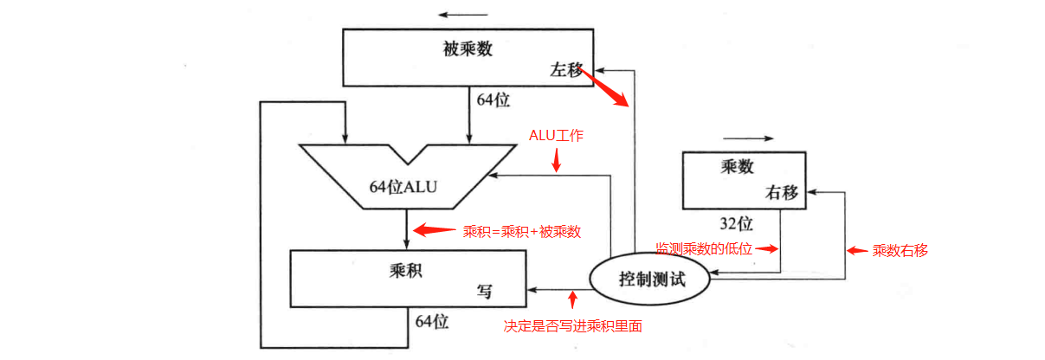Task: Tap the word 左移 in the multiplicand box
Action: [567, 71]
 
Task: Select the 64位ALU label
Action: [404, 187]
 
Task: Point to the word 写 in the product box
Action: [485, 291]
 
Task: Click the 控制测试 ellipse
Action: [651, 280]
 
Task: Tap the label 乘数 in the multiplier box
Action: [739, 167]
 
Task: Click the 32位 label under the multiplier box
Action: [736, 224]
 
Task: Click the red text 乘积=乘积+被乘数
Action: [522, 231]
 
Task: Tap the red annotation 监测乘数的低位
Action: [703, 249]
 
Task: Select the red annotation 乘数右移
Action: [900, 251]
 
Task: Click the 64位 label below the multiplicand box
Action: [493, 100]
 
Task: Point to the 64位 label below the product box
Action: [432, 322]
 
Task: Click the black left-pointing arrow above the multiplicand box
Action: [462, 15]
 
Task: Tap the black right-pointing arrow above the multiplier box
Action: [745, 138]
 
